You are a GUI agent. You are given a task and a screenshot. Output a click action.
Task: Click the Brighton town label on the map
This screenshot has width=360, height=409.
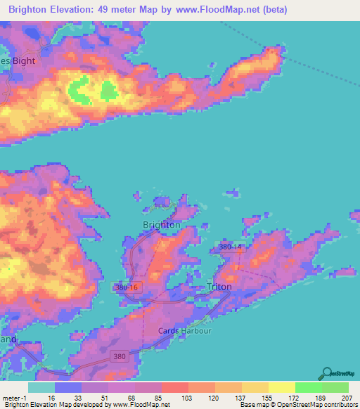pyautogui.click(x=161, y=225)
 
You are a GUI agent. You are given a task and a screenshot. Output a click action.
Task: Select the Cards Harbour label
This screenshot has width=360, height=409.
pyautogui.click(x=181, y=331)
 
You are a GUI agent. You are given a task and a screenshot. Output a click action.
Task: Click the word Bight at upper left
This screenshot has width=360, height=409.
pyautogui.click(x=22, y=60)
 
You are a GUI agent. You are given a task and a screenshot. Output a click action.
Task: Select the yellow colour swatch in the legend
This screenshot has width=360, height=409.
pyautogui.click(x=281, y=387)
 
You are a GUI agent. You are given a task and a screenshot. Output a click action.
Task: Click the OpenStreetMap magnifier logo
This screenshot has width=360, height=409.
pyautogui.click(x=326, y=374)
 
